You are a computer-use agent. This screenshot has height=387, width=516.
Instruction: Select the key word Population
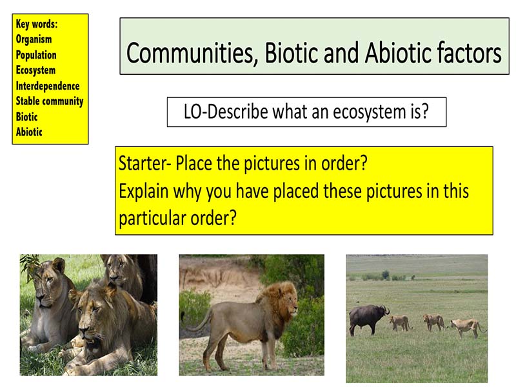36,55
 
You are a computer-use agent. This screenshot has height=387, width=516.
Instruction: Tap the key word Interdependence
48,86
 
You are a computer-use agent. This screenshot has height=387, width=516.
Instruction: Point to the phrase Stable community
50,101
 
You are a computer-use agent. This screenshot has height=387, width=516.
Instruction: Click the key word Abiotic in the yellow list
29,132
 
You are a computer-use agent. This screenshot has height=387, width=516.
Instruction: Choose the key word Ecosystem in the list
35,70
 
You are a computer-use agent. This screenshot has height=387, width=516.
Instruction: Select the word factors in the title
466,53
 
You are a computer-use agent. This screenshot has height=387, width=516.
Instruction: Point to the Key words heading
37,24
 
